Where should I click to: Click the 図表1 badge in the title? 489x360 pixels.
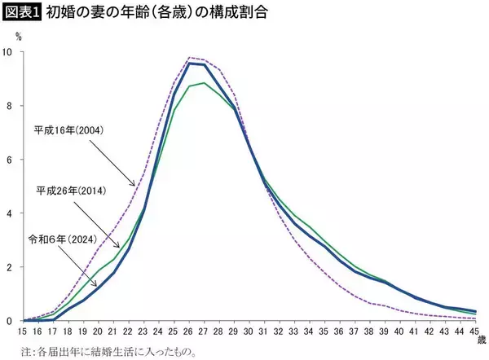pyautogui.click(x=21, y=13)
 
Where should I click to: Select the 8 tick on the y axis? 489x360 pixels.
pyautogui.click(x=10, y=106)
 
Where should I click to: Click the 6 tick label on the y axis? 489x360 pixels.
pyautogui.click(x=10, y=160)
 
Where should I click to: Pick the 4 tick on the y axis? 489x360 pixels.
pyautogui.click(x=10, y=213)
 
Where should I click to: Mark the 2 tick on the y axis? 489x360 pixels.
pyautogui.click(x=10, y=267)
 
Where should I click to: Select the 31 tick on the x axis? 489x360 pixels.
pyautogui.click(x=266, y=333)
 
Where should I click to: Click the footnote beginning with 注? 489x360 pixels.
pyautogui.click(x=109, y=353)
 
